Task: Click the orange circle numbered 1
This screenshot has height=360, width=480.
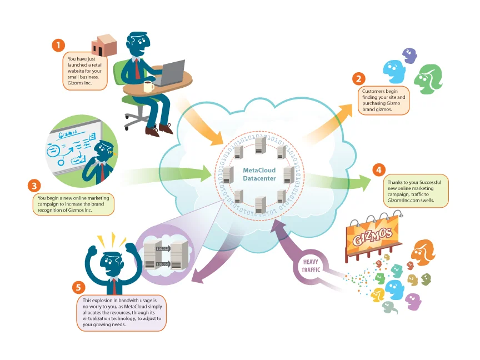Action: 58,45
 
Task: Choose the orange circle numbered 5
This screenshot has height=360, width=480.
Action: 80,287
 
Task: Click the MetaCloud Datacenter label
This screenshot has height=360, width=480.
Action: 259,174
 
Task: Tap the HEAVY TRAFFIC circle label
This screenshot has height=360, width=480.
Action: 312,265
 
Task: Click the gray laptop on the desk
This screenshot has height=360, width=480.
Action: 169,73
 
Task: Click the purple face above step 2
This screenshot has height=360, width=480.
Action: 409,56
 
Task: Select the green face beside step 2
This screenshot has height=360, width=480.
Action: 430,77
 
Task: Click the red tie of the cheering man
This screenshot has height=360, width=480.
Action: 114,286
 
